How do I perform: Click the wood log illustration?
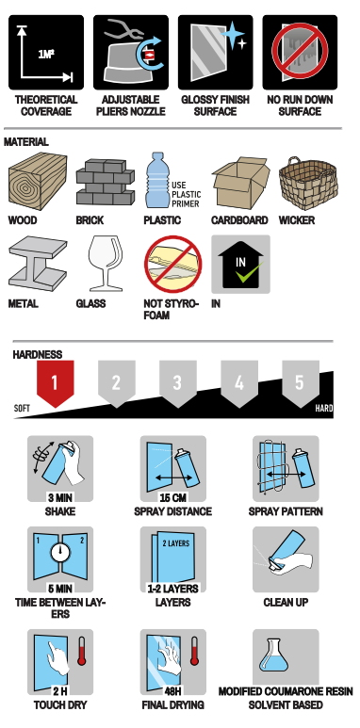38,181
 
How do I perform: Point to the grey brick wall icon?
106,183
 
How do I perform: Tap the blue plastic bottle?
157,180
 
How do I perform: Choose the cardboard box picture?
240,182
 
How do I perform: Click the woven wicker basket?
308,183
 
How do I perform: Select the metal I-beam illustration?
38,264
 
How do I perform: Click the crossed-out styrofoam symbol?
172,265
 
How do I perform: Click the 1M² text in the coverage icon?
46,55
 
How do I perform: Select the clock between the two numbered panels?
60,553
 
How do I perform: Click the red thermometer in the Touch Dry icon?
82,651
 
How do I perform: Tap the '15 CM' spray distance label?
172,498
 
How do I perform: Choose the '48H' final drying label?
172,691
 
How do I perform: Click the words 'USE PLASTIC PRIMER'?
186,194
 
